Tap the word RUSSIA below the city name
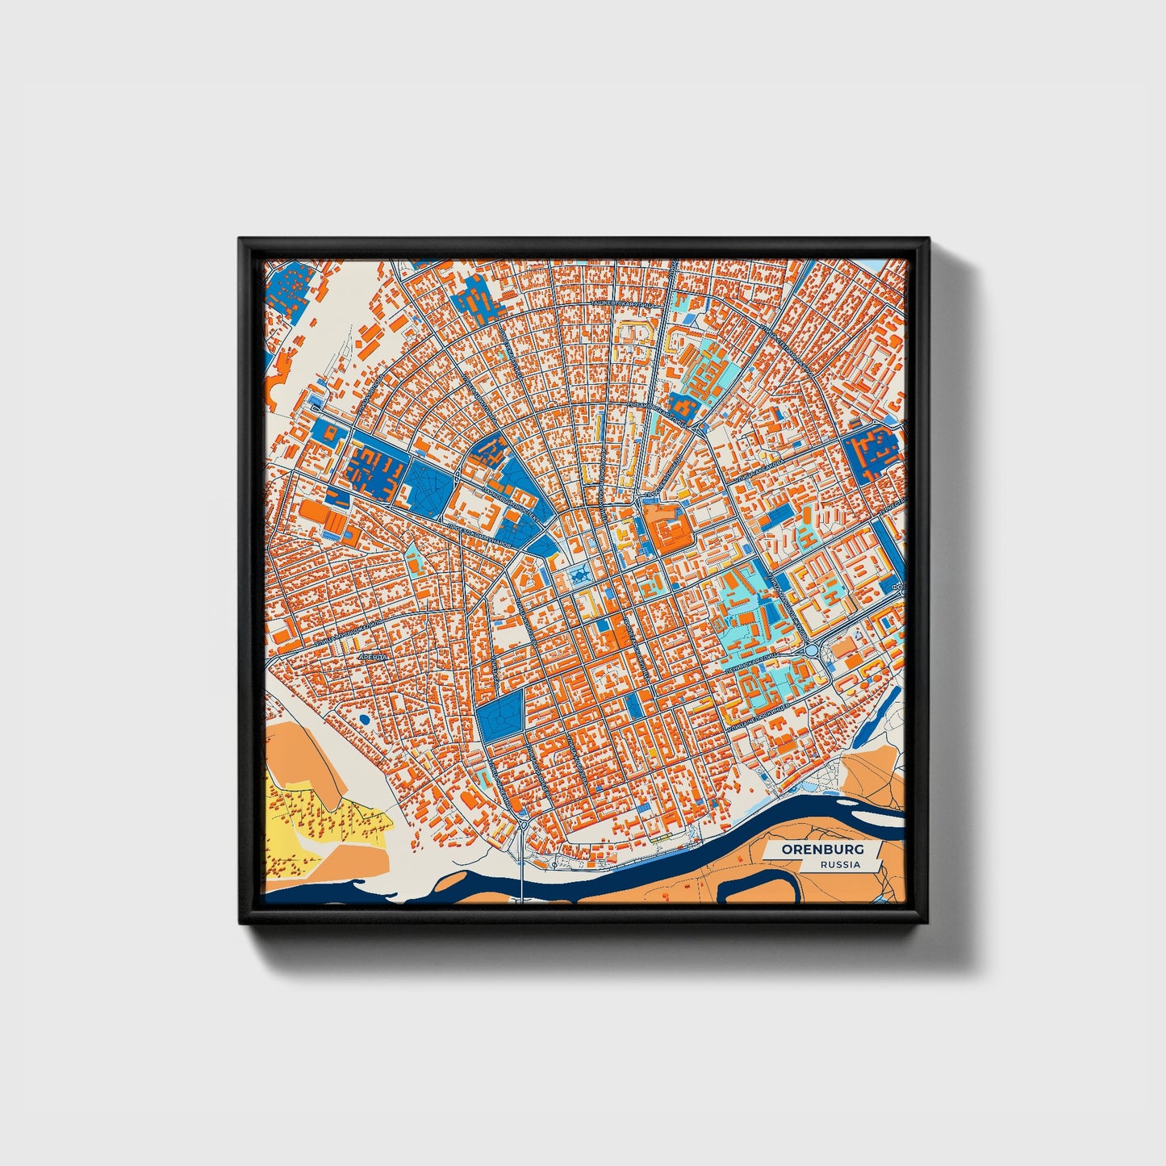click(x=839, y=865)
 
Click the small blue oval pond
click(x=364, y=718)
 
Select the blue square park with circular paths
click(x=499, y=719)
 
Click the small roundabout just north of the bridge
click(x=523, y=824)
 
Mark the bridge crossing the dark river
click(x=522, y=876)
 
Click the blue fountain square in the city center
click(x=579, y=575)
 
